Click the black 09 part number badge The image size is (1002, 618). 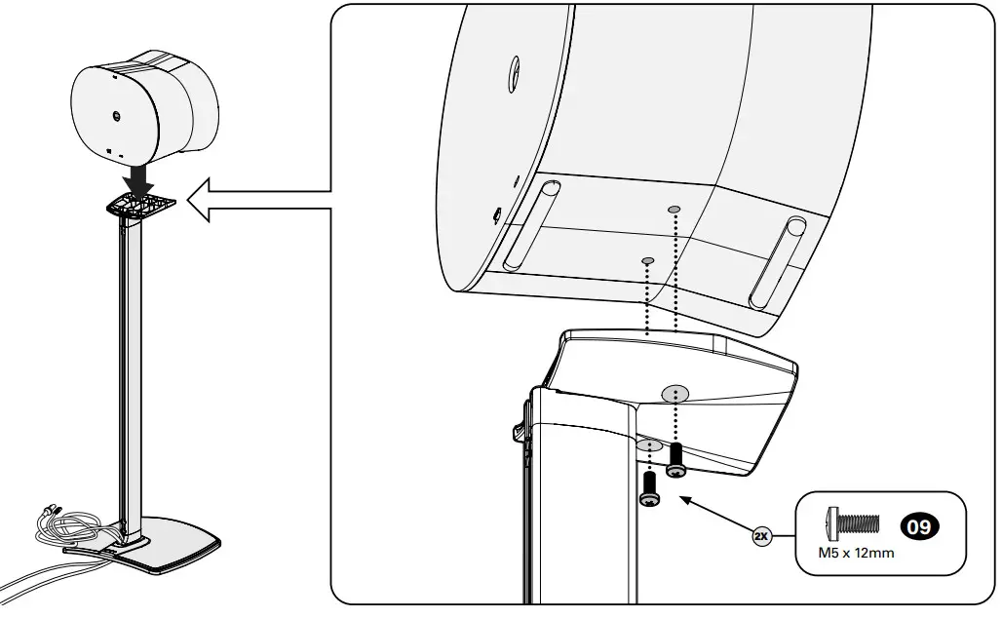coord(919,527)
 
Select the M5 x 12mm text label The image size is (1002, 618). coord(856,553)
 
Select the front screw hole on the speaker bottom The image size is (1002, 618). coord(646,259)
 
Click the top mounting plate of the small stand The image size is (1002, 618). coord(142,204)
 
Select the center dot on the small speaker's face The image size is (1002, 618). coord(115,114)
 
